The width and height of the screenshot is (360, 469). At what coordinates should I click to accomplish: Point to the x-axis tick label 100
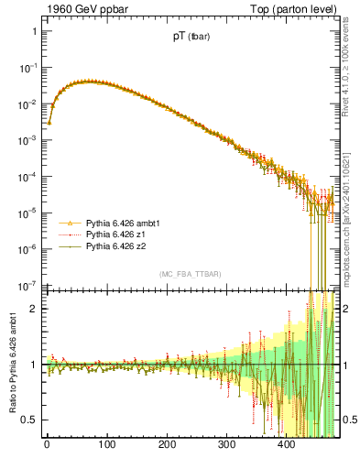[x=106, y=446]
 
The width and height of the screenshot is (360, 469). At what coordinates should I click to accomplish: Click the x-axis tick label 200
[x=166, y=446]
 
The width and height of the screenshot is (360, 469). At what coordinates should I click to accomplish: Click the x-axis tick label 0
[x=47, y=446]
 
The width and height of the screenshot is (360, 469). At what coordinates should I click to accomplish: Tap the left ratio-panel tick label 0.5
[x=27, y=420]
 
